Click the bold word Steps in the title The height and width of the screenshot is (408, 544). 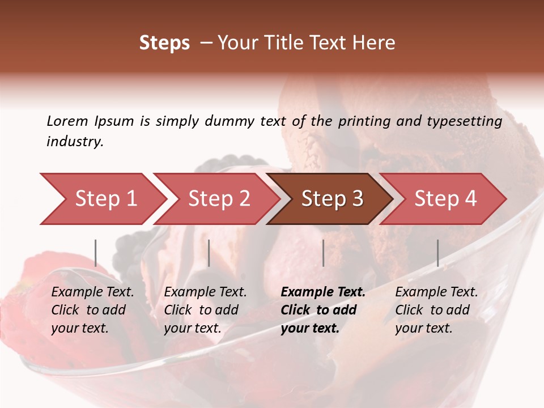[x=164, y=43]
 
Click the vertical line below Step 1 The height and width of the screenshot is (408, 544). [x=96, y=253]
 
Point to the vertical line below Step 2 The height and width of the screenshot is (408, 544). [x=209, y=253]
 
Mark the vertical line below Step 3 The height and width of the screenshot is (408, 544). [x=323, y=253]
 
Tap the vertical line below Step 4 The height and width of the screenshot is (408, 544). [x=437, y=253]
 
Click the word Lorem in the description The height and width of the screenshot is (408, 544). [x=67, y=121]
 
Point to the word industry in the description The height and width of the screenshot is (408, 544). [x=74, y=142]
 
